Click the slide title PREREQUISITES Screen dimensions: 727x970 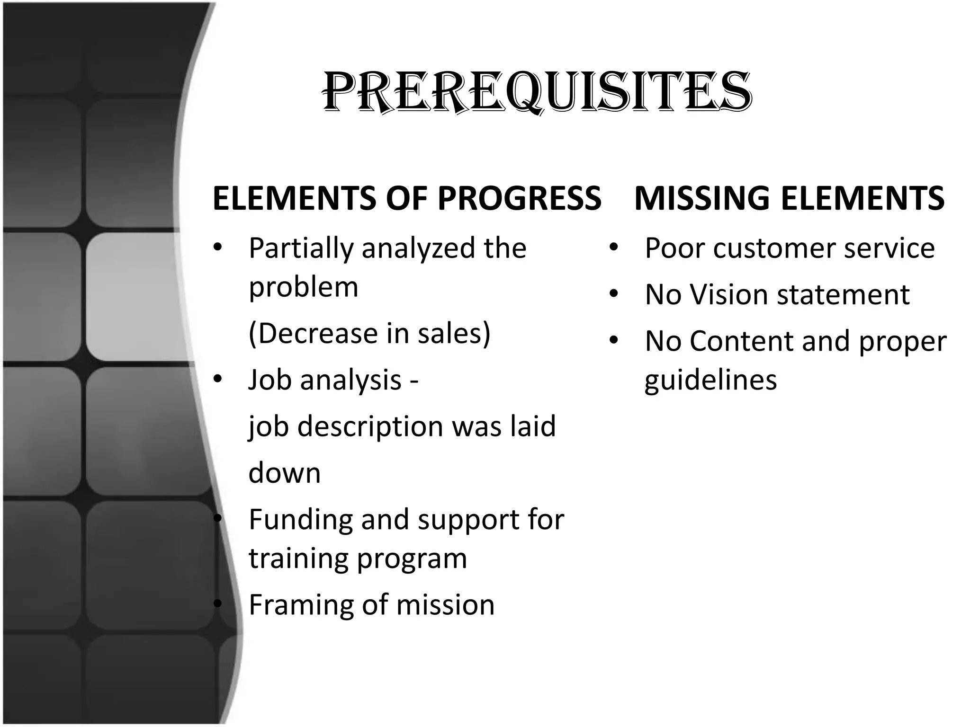point(537,92)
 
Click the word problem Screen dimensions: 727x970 point(303,287)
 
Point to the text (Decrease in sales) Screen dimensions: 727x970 point(369,333)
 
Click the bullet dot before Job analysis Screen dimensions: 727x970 point(217,379)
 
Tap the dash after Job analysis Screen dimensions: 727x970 point(414,380)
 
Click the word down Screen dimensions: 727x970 point(284,473)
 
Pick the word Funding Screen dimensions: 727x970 point(300,519)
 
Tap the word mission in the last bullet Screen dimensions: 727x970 point(445,605)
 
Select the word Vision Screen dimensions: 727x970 point(729,294)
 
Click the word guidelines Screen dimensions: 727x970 point(710,380)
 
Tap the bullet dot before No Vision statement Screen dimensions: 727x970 point(614,294)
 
